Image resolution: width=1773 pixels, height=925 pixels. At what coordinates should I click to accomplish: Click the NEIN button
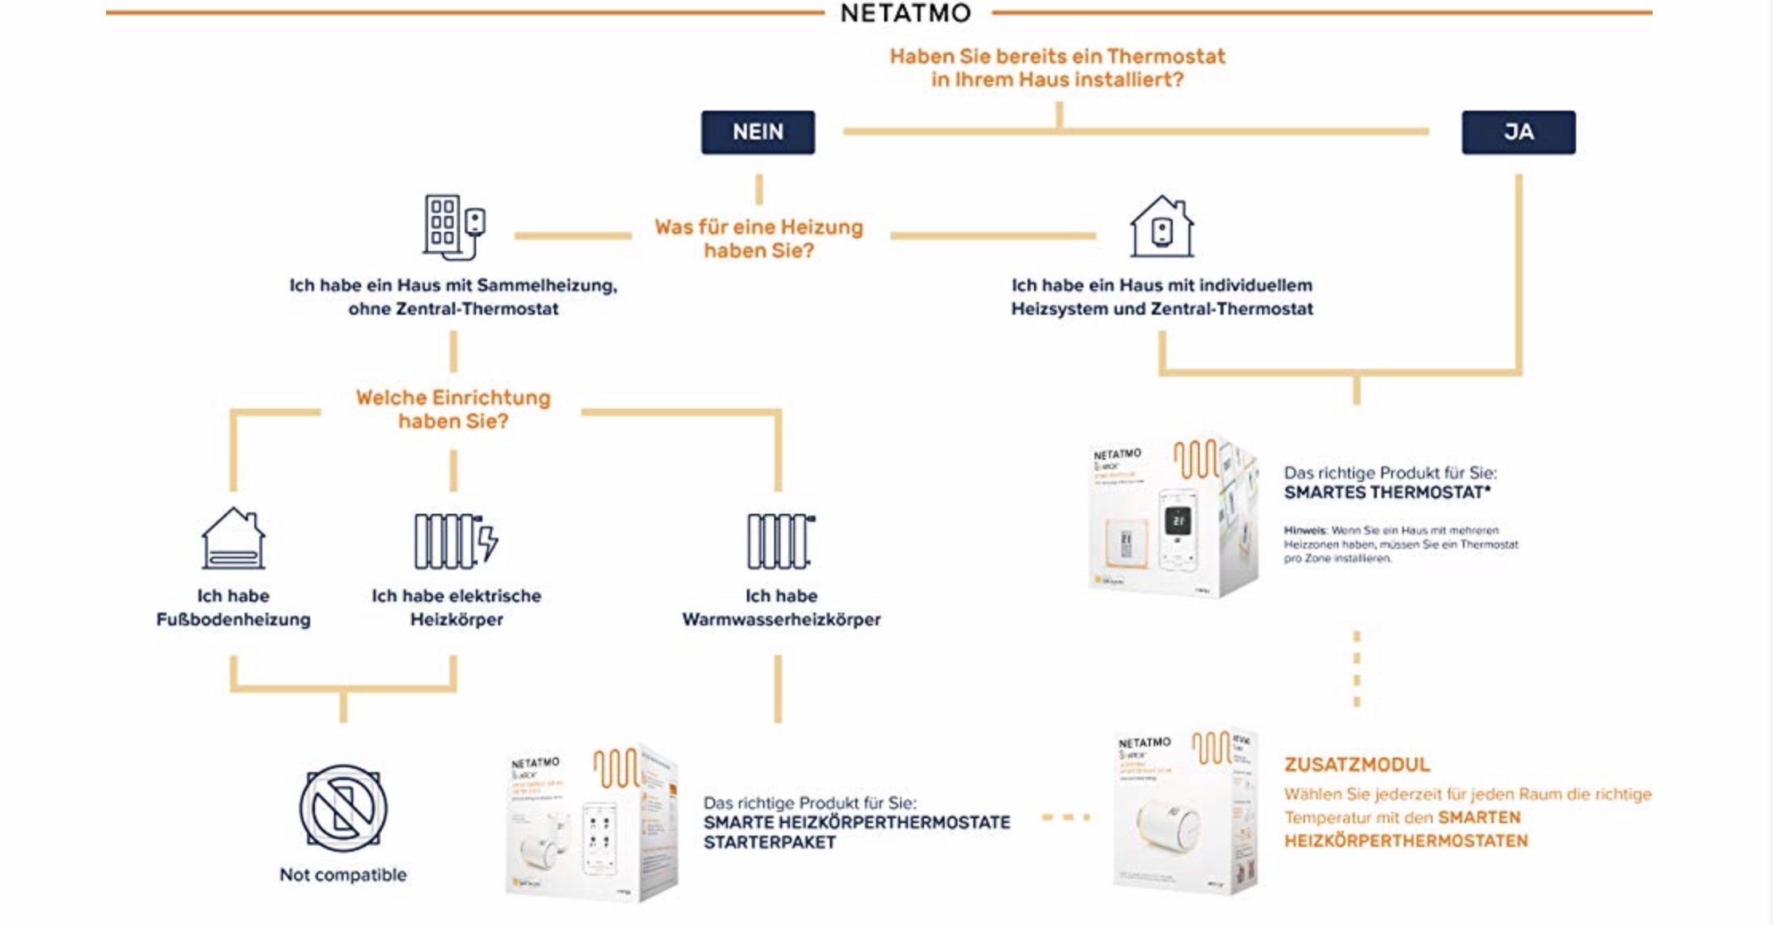tap(757, 132)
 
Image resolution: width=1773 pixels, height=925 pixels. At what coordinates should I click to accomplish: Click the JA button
tap(1518, 132)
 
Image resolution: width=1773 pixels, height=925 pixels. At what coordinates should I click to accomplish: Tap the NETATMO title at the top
tap(906, 14)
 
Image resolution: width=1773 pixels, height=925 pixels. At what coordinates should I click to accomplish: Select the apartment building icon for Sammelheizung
tap(453, 227)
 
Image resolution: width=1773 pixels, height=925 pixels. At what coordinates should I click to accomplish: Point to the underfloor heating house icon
tap(233, 539)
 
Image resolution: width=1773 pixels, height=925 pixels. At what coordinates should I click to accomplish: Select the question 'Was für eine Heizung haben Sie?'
tap(759, 238)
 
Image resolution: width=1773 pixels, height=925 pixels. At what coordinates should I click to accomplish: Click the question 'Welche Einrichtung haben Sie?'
tap(453, 409)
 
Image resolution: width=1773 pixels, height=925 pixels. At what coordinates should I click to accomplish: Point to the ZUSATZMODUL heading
tap(1357, 765)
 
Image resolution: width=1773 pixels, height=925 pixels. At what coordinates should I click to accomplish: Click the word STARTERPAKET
tap(769, 842)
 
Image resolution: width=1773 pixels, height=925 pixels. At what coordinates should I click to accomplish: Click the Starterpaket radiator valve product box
tap(592, 823)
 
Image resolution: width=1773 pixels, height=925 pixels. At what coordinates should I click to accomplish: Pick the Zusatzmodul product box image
tap(1185, 811)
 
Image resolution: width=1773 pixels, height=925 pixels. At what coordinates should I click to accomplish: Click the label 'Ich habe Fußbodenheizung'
tap(233, 607)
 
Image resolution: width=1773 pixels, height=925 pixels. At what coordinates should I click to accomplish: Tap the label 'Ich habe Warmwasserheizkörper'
tap(780, 607)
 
